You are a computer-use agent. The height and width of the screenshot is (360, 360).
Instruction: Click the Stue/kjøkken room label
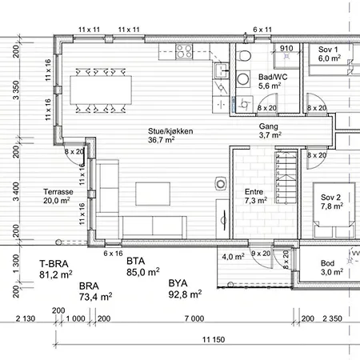170,135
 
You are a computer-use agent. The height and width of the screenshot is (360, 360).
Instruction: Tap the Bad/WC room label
273,82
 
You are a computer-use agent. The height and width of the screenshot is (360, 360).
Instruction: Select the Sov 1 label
330,54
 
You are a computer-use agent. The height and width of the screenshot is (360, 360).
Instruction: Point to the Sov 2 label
332,202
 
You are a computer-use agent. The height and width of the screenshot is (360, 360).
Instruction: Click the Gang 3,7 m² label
270,130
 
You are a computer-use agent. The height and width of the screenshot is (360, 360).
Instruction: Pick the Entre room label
256,196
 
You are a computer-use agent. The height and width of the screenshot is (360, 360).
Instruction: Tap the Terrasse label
58,196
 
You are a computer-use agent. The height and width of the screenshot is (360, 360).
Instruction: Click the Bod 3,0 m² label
332,268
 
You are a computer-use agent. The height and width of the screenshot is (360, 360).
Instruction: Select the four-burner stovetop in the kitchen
184,51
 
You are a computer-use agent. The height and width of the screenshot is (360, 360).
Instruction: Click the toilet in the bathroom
245,55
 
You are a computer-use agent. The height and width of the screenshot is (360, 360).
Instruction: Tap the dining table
101,90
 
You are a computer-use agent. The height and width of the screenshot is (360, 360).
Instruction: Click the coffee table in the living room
153,194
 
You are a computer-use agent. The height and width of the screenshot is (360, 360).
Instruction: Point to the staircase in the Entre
286,177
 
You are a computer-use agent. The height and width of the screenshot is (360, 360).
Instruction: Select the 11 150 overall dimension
214,339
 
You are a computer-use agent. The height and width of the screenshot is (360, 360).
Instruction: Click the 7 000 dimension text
194,318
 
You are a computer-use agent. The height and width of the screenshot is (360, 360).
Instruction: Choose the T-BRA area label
54,264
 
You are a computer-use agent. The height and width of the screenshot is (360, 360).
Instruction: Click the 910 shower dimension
286,48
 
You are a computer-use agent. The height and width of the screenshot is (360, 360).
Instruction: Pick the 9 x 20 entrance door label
261,254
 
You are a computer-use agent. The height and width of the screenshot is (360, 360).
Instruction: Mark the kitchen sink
221,71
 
